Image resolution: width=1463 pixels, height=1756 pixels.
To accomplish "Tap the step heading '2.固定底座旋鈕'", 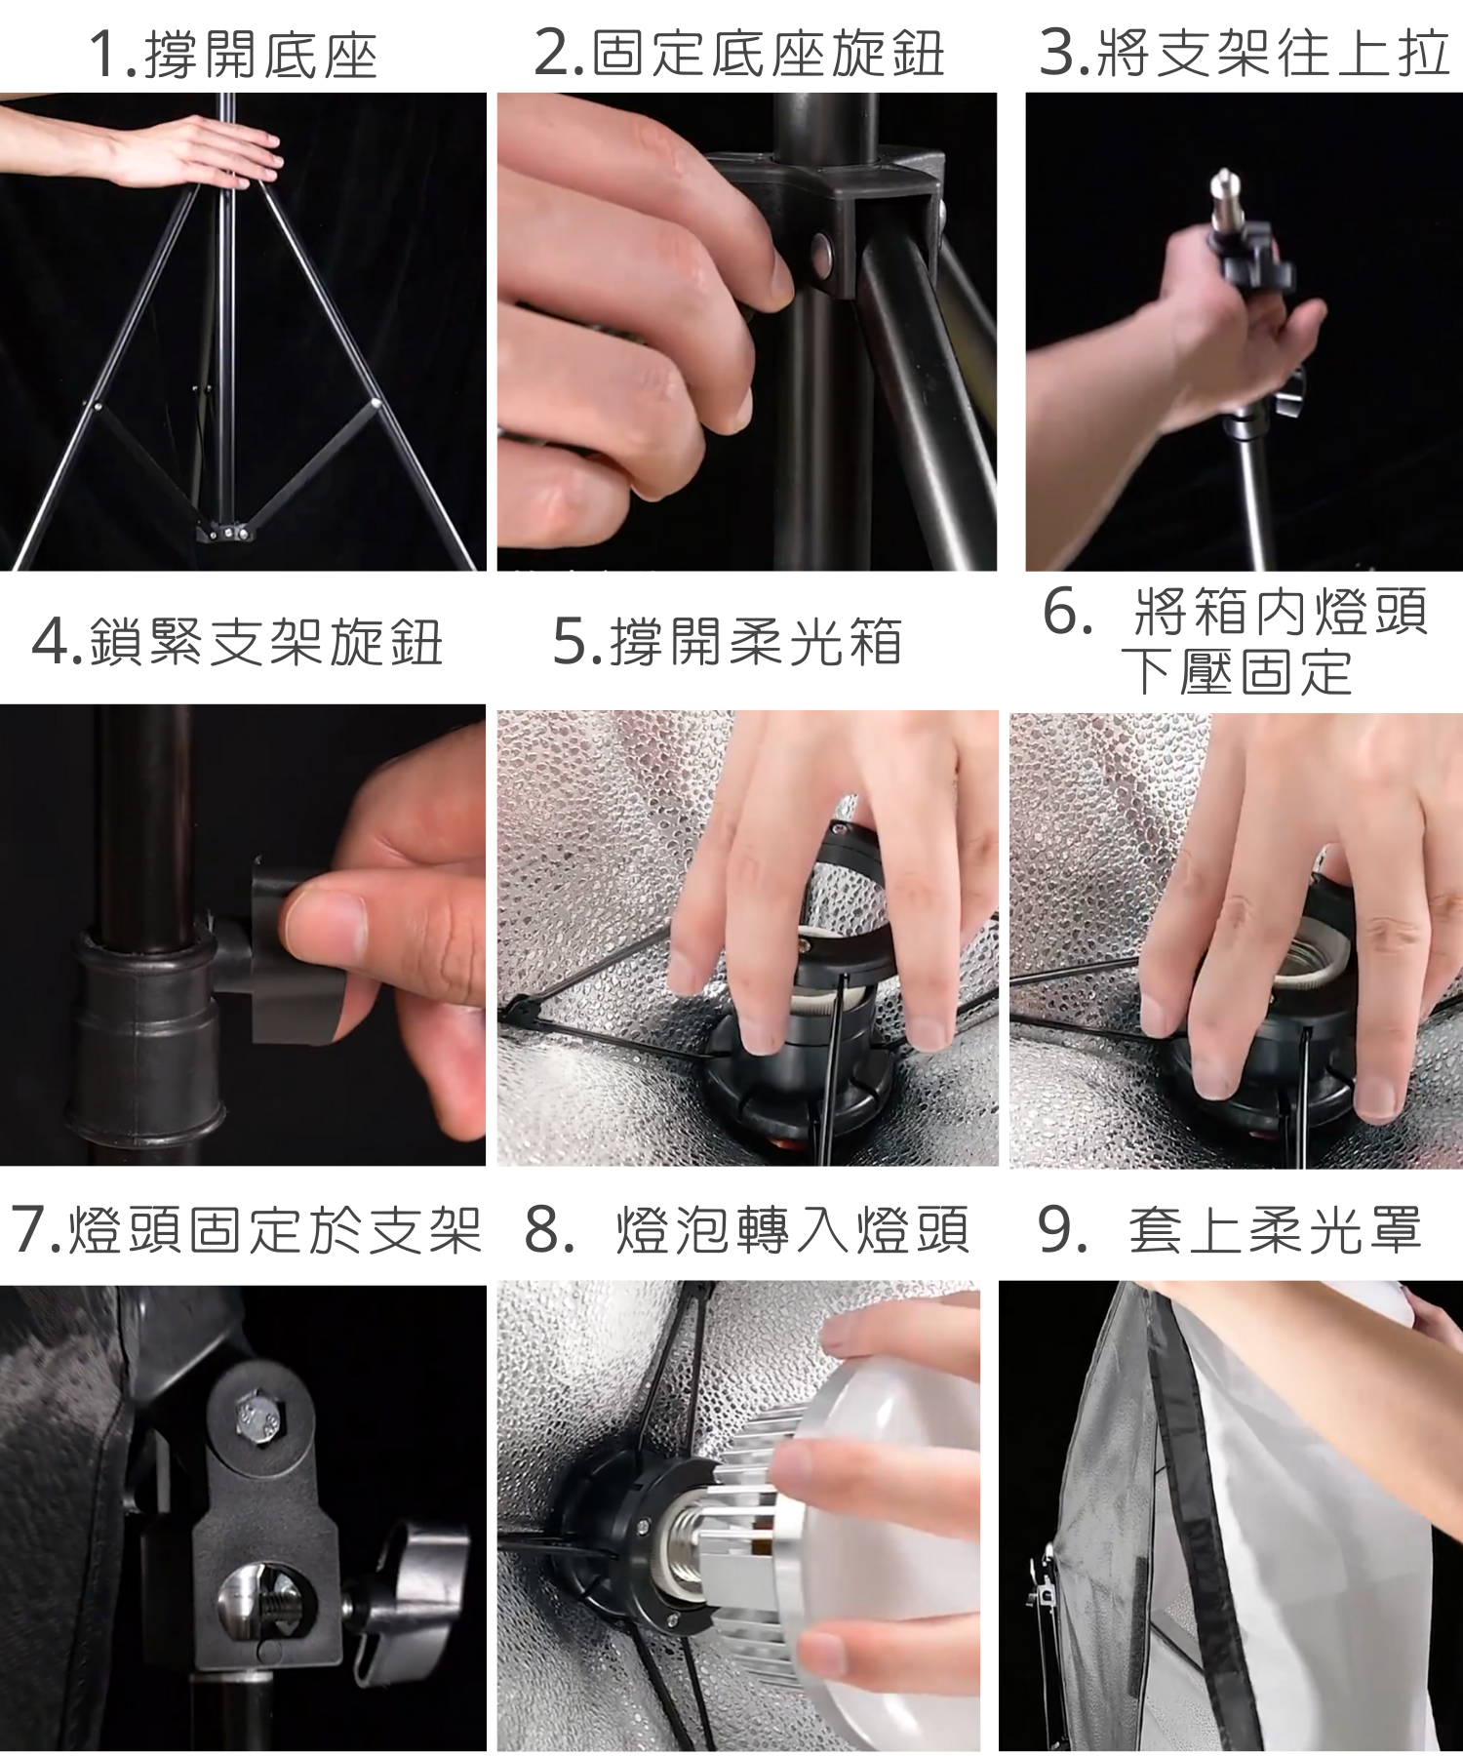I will (x=739, y=53).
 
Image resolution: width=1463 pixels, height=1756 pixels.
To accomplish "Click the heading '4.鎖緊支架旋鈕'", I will (x=238, y=642).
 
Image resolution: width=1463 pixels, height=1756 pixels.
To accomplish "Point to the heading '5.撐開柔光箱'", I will (x=728, y=642).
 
